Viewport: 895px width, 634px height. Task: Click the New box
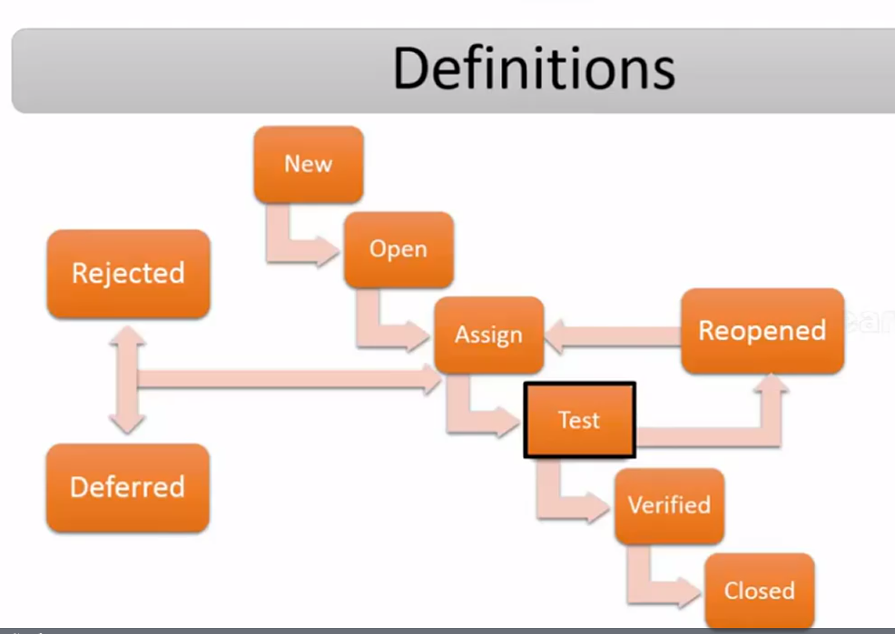point(309,164)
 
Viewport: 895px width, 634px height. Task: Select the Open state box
point(399,250)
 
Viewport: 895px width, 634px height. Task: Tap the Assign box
point(489,335)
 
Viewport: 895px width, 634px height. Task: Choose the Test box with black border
point(580,420)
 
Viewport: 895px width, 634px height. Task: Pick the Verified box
point(670,506)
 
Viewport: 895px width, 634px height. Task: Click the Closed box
point(759,592)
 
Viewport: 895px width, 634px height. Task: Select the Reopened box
point(762,331)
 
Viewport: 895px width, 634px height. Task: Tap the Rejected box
point(128,274)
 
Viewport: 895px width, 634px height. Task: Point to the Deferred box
point(128,488)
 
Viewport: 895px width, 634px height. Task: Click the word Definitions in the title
point(534,69)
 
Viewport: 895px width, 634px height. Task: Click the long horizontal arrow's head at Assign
point(431,379)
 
